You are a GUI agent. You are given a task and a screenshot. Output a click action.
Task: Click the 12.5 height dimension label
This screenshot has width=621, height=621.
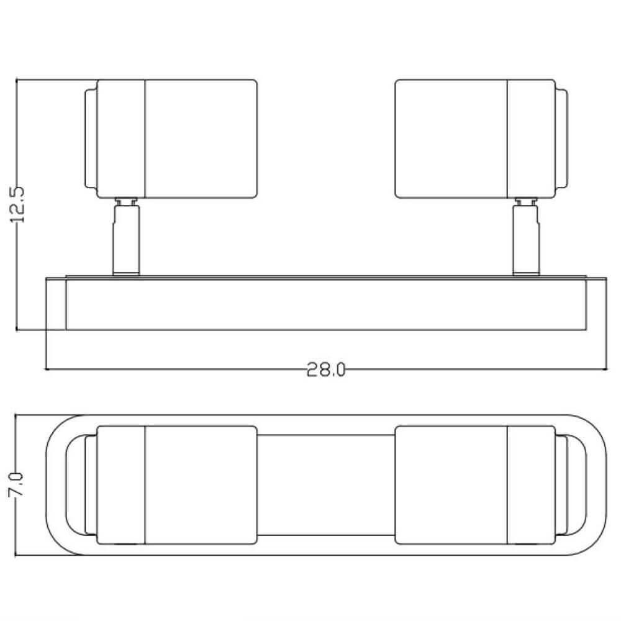point(17,204)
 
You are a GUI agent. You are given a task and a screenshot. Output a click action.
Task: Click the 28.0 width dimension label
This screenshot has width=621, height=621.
point(326,370)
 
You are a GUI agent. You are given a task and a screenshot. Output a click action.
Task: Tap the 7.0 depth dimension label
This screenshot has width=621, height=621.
point(17,484)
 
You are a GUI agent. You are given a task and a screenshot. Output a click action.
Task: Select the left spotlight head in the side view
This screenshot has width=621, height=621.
point(171,138)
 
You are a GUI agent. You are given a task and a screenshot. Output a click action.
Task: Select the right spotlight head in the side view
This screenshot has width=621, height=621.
point(482,138)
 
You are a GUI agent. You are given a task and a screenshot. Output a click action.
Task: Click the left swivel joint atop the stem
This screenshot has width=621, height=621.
point(126,201)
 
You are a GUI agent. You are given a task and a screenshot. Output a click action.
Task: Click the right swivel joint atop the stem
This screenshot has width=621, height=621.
point(527,201)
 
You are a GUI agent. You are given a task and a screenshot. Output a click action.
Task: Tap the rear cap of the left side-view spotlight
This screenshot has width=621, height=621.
point(91,138)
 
